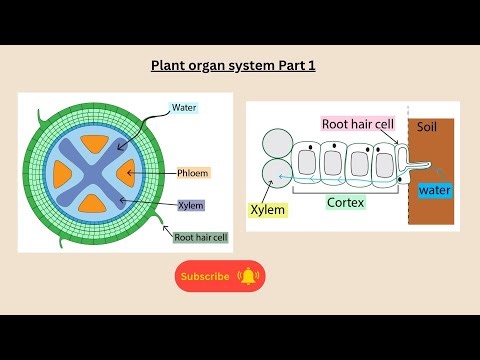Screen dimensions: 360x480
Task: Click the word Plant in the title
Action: click(x=168, y=67)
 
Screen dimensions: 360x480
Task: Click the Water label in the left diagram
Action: click(x=184, y=107)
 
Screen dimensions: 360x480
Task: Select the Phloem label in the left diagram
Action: click(x=192, y=173)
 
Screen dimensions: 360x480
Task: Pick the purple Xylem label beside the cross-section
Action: click(x=190, y=205)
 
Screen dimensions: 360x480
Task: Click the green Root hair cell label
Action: click(x=199, y=237)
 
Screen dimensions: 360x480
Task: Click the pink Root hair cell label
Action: click(x=358, y=125)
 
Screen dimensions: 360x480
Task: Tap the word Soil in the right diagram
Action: click(x=427, y=128)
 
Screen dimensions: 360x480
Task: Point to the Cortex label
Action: click(x=346, y=202)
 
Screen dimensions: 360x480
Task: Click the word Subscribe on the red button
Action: click(x=205, y=276)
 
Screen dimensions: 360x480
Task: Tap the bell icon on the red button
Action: click(x=247, y=276)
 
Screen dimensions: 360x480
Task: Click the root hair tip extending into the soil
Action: click(x=431, y=167)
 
